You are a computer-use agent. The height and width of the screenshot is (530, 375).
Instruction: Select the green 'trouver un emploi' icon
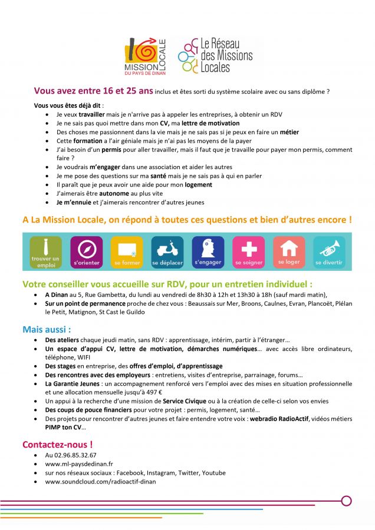(x=45, y=251)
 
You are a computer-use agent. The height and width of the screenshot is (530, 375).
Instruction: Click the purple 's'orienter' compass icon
(x=86, y=251)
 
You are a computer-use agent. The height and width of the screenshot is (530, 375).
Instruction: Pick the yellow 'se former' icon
(x=127, y=251)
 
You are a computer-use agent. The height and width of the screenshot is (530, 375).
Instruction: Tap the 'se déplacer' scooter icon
(x=167, y=251)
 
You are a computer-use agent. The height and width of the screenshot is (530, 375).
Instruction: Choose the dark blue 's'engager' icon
(x=208, y=251)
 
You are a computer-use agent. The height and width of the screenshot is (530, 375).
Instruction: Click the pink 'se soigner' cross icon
(x=248, y=251)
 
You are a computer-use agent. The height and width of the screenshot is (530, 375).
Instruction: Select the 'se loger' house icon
(x=289, y=251)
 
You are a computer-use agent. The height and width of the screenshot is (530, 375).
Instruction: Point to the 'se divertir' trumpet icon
(x=329, y=251)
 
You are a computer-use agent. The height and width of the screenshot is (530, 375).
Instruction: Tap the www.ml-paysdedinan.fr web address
(x=79, y=464)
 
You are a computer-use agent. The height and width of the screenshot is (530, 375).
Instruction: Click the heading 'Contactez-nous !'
(x=57, y=444)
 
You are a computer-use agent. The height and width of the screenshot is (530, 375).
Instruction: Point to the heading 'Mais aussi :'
(x=47, y=329)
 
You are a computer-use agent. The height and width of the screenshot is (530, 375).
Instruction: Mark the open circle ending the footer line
(x=346, y=501)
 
